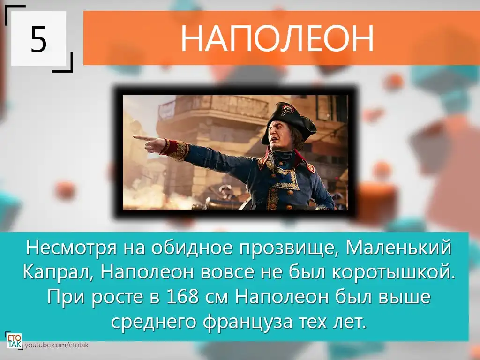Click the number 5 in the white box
pyautogui.click(x=38, y=39)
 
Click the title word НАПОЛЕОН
pyautogui.click(x=277, y=38)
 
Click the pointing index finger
pyautogui.click(x=144, y=138)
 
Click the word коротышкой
pyautogui.click(x=394, y=272)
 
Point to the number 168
pyautogui.click(x=182, y=297)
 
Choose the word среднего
pyautogui.click(x=153, y=322)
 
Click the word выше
pyautogui.click(x=405, y=297)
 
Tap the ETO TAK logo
pyautogui.click(x=15, y=341)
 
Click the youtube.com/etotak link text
pyautogui.click(x=56, y=345)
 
